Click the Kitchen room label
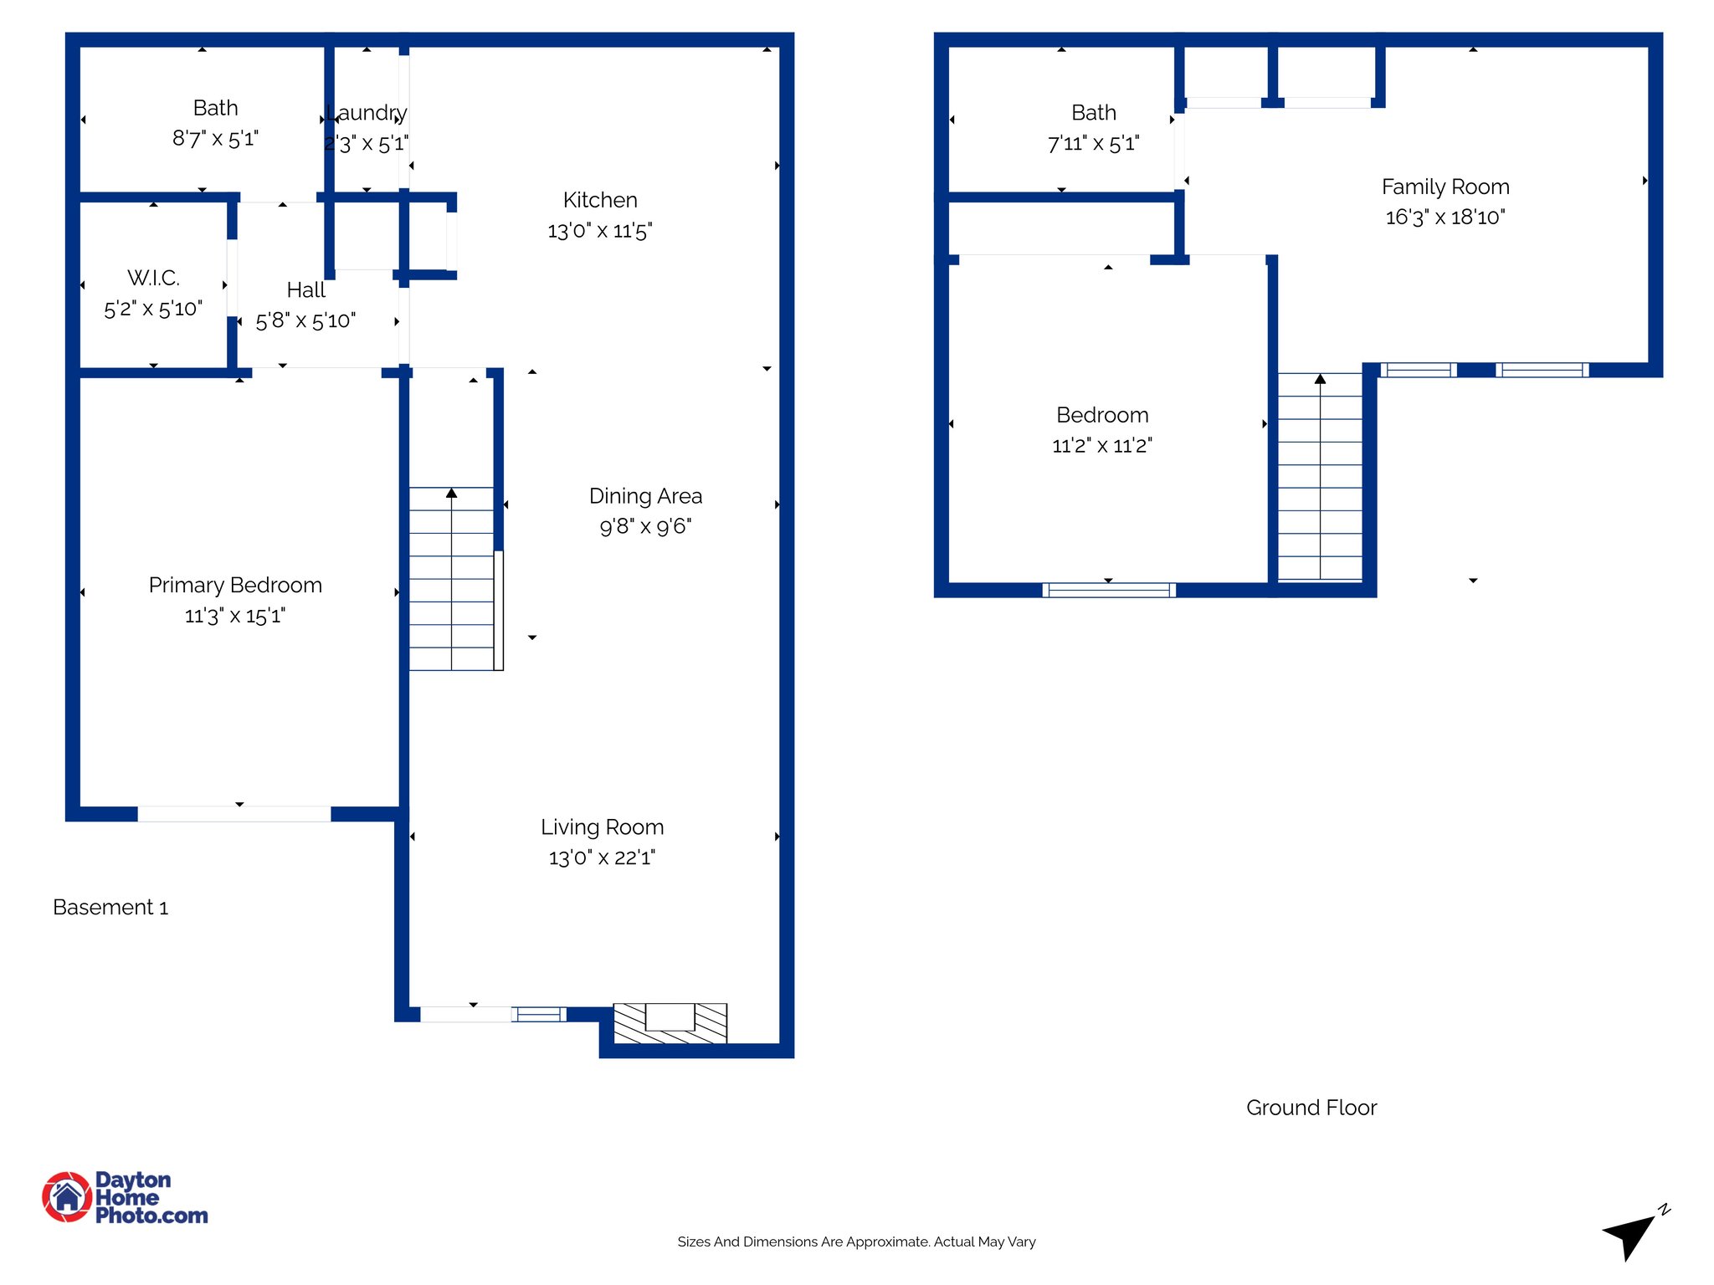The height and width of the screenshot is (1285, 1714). [599, 200]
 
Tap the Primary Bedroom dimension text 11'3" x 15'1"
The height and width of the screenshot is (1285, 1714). [234, 616]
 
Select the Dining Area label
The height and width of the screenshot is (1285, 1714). [645, 496]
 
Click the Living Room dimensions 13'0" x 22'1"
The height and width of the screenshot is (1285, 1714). [602, 858]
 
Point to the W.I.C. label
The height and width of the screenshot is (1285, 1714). [153, 278]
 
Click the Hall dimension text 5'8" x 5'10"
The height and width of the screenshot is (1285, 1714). [305, 320]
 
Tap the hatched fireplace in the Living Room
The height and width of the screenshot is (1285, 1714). [670, 1022]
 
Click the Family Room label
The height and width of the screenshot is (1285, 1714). [1445, 187]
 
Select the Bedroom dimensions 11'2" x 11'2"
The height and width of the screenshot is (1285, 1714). [1101, 445]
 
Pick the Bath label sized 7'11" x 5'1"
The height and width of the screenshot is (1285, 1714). [1093, 113]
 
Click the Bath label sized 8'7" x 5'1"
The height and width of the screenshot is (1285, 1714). [215, 108]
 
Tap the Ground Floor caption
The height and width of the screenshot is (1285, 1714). [1311, 1108]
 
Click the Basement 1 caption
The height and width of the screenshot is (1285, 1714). [110, 908]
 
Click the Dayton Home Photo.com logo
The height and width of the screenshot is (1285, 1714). [126, 1197]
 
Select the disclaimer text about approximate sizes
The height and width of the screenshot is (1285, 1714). [856, 1241]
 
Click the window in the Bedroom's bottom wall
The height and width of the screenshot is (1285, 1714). [1108, 590]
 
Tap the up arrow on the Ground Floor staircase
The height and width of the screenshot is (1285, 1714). [1320, 380]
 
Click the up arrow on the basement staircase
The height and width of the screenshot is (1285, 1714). [451, 494]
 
